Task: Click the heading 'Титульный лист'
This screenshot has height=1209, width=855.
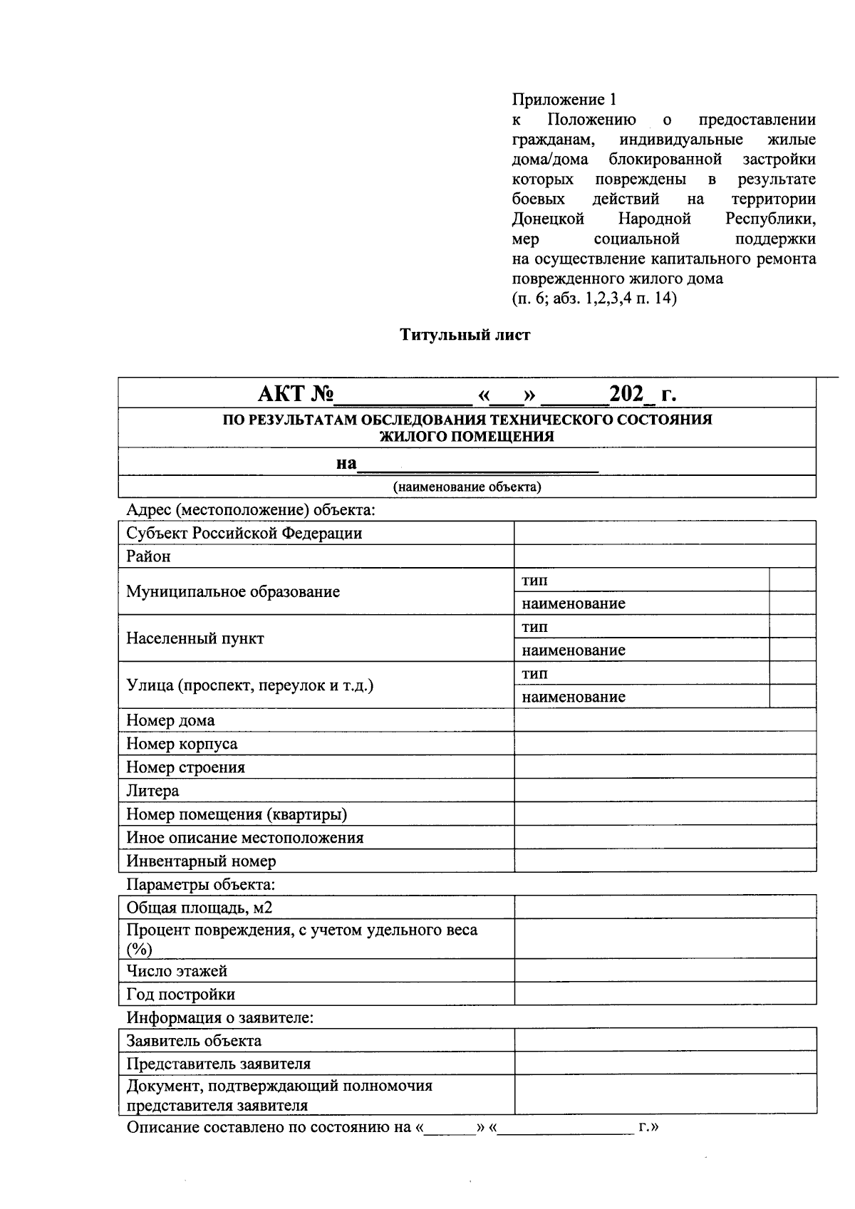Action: (465, 335)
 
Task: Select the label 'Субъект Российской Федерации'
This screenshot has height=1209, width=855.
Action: (244, 534)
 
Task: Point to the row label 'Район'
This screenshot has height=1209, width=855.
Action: (148, 556)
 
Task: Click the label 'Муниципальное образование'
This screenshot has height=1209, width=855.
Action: (233, 591)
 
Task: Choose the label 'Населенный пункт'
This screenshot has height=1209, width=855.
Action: (195, 638)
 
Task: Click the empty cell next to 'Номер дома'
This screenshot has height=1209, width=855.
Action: (665, 720)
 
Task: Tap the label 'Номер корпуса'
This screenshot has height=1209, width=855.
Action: (182, 744)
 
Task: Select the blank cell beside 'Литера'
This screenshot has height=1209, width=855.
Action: (665, 791)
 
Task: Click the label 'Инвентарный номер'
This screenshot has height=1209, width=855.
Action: (201, 861)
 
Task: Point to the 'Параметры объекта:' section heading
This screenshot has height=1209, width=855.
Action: (200, 885)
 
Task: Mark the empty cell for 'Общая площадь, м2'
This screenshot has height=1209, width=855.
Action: (665, 908)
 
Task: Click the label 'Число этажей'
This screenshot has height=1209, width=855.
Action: (177, 971)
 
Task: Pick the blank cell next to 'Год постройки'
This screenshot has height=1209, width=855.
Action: (665, 995)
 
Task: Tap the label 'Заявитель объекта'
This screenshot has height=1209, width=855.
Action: (194, 1041)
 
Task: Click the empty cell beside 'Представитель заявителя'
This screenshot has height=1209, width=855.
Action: (665, 1064)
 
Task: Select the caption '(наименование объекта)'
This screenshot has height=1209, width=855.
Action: (467, 487)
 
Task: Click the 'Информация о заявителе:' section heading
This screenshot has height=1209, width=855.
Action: (219, 1017)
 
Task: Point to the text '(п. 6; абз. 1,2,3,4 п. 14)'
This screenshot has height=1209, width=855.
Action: (594, 299)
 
